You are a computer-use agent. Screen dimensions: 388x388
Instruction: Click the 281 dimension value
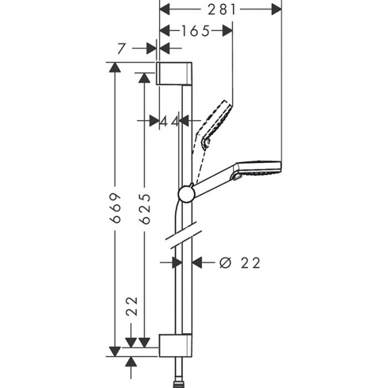click(221, 8)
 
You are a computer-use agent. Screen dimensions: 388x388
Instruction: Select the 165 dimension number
click(195, 30)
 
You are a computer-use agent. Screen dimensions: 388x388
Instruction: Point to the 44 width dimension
click(170, 120)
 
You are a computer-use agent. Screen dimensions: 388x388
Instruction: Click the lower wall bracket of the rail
click(175, 345)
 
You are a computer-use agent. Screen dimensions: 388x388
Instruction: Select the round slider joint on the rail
click(186, 194)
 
